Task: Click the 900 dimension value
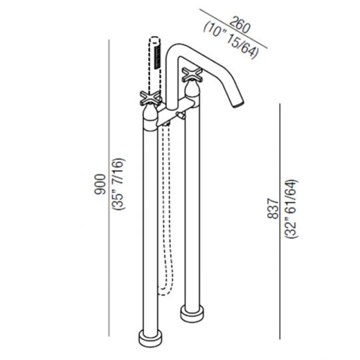click(100, 184)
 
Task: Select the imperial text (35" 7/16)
click(118, 184)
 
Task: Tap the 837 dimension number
click(273, 209)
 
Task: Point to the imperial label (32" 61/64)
click(291, 209)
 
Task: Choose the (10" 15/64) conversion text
click(231, 40)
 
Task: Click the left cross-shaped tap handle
click(150, 97)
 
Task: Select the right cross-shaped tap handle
click(193, 75)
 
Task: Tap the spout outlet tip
click(238, 103)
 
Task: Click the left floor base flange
click(151, 339)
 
